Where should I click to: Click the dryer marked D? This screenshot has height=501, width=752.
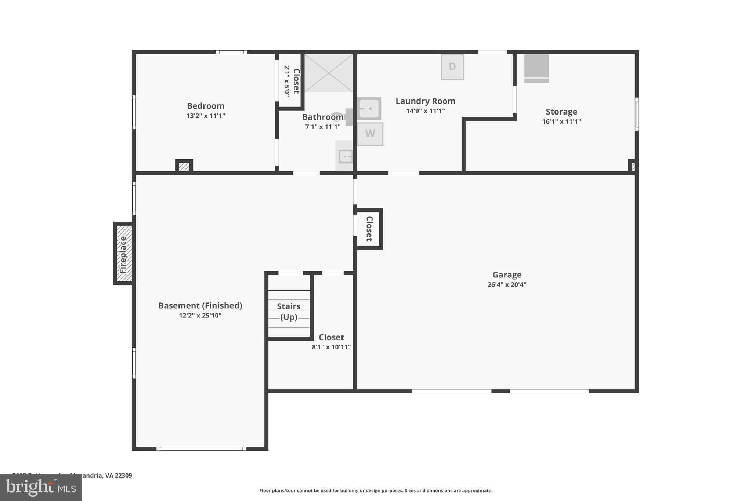click(x=452, y=67)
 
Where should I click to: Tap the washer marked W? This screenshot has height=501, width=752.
click(x=370, y=134)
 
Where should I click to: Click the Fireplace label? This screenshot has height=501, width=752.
click(x=123, y=254)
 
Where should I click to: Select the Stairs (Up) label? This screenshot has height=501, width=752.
click(x=289, y=311)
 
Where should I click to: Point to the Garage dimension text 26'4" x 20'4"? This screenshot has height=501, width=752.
click(x=507, y=284)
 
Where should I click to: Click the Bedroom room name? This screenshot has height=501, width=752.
click(x=206, y=106)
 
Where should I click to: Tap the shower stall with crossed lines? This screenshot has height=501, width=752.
click(x=329, y=73)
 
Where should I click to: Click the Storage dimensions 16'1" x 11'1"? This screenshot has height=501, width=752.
click(x=561, y=121)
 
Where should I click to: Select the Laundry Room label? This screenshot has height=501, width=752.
click(x=425, y=101)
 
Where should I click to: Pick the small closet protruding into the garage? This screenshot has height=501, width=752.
click(x=369, y=229)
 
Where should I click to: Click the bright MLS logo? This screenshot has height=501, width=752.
click(x=40, y=487)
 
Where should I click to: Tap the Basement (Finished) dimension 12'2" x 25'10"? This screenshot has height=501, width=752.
click(x=200, y=315)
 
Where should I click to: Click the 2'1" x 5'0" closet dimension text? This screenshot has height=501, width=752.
click(x=287, y=81)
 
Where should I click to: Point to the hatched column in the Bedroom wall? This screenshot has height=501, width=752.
click(x=184, y=167)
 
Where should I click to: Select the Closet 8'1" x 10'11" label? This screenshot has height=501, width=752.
click(x=331, y=337)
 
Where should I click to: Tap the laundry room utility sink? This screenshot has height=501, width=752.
click(x=369, y=109)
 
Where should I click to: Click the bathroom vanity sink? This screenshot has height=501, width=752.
click(x=345, y=156)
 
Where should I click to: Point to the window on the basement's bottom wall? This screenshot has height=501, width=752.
click(x=201, y=449)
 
